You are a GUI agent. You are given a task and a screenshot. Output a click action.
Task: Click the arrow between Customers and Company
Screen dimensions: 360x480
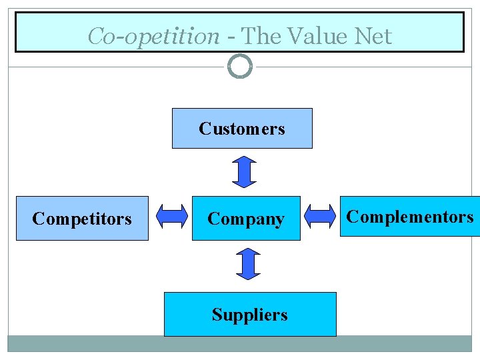[245, 171]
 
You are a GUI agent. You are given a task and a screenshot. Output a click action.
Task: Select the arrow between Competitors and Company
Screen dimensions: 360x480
[171, 216]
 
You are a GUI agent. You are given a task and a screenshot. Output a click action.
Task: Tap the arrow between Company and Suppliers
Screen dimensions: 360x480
[247, 263]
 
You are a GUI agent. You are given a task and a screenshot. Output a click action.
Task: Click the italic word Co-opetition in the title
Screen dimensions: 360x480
[153, 37]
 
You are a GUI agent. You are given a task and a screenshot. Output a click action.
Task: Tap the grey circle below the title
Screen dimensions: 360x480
[240, 66]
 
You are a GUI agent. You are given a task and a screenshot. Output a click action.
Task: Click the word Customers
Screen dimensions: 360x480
[242, 128]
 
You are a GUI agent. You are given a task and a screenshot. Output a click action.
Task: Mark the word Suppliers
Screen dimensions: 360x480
[250, 315]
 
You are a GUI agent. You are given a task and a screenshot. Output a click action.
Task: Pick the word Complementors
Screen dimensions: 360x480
[410, 217]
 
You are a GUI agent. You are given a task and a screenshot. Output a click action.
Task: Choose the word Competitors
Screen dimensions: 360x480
[82, 219]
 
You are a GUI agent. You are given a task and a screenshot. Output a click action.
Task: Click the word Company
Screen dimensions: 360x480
[246, 219]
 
